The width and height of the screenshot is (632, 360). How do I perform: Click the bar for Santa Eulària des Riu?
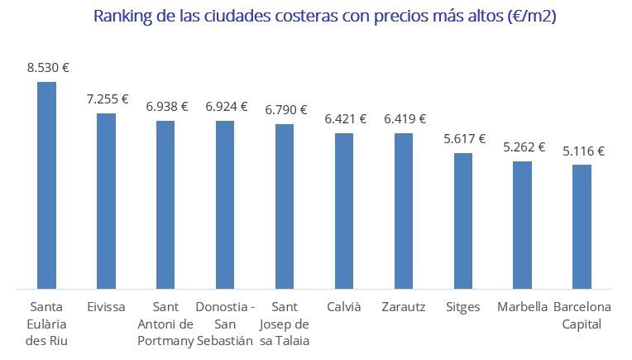(46, 185)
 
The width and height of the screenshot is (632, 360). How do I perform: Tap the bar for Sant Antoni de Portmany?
(165, 205)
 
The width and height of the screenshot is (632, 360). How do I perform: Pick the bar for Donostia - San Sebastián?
(225, 205)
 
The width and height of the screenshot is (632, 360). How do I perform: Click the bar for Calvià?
(344, 211)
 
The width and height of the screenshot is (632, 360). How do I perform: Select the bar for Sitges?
(463, 221)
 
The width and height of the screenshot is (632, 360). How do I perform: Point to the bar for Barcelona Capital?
(582, 227)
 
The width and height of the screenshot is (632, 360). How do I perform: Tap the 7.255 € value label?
(108, 99)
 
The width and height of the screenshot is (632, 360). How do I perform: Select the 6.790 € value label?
(286, 109)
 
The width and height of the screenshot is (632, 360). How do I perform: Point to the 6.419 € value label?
(405, 119)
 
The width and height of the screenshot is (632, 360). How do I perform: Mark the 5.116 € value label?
(584, 151)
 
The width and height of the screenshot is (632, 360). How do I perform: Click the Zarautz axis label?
(404, 307)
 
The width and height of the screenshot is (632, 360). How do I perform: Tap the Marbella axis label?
(523, 307)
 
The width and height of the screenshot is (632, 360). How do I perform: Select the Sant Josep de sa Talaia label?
(285, 324)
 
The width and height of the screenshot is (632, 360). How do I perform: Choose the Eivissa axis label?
(106, 307)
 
